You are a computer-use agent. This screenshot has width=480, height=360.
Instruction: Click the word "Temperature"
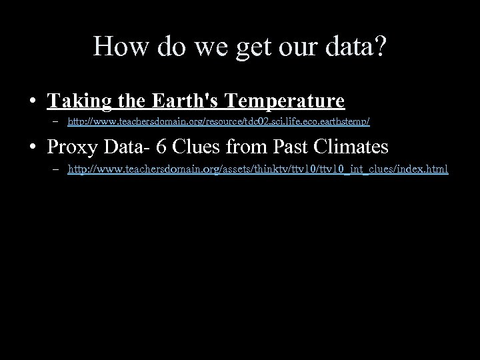pyautogui.click(x=285, y=101)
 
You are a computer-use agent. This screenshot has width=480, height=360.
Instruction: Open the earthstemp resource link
pyautogui.click(x=219, y=123)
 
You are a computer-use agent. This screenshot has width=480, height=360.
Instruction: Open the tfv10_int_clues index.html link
pyautogui.click(x=257, y=170)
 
